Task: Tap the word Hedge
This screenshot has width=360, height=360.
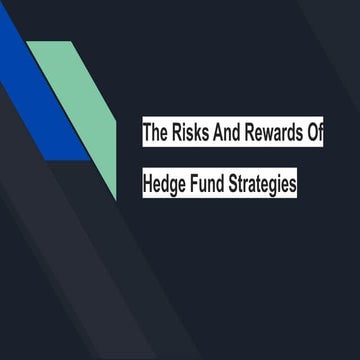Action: [x=169, y=185]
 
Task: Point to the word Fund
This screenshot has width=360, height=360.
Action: [x=216, y=185]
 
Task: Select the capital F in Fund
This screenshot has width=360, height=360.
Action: [x=201, y=185]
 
